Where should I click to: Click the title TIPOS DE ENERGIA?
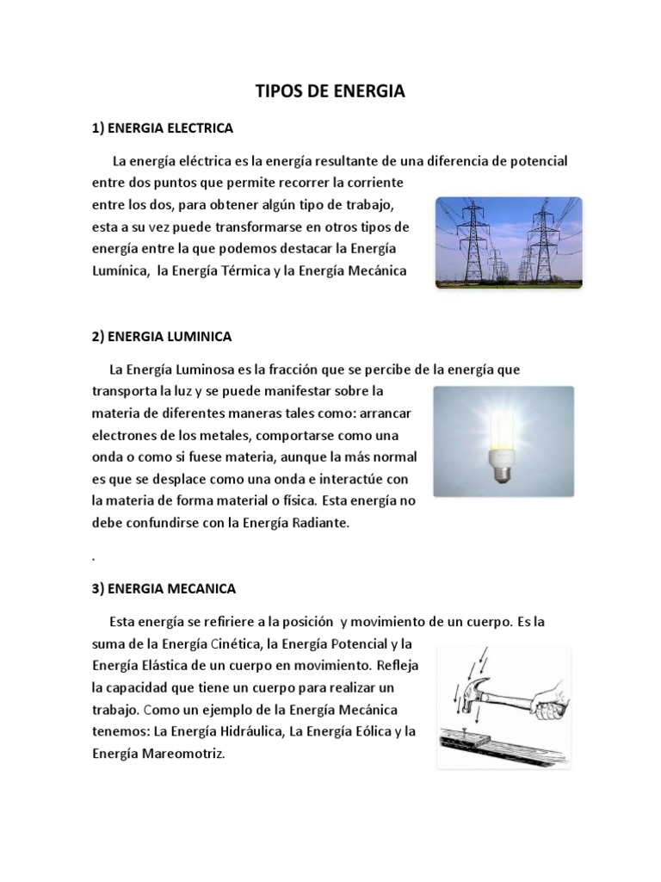click(x=331, y=92)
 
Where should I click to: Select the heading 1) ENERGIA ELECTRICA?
click(x=163, y=128)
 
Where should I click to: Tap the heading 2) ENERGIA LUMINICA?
click(x=162, y=336)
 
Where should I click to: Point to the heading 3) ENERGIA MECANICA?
click(x=163, y=589)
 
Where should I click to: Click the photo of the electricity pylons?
click(x=508, y=242)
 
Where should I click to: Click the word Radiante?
click(x=318, y=523)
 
